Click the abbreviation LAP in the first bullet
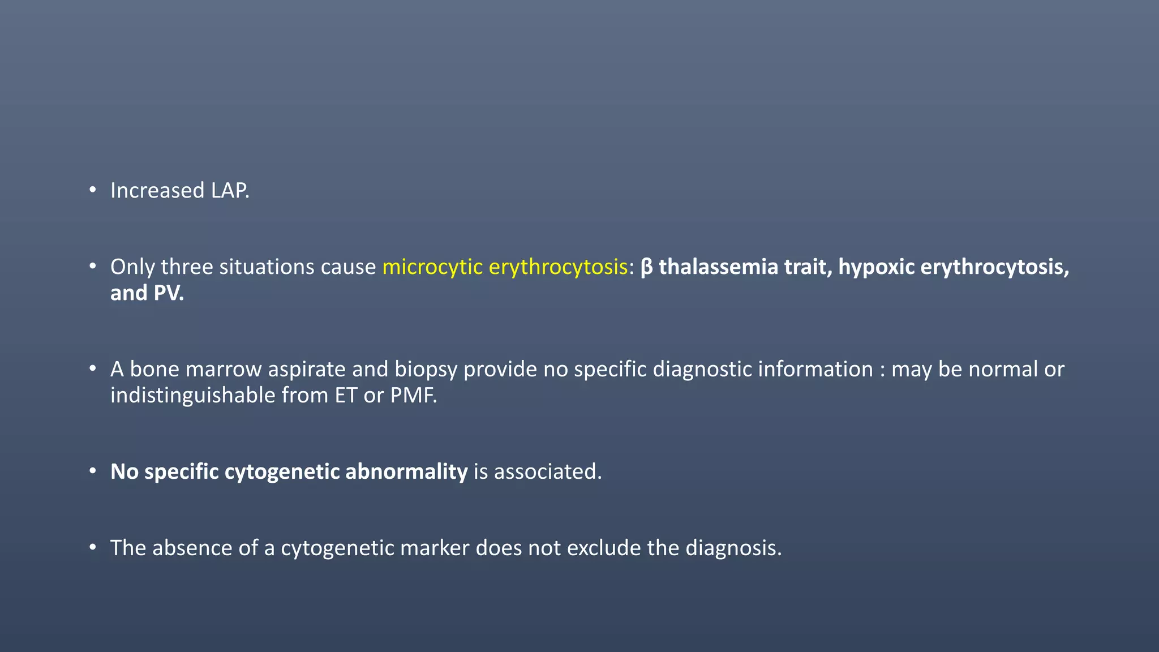(229, 191)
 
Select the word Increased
(157, 191)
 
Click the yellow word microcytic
(432, 267)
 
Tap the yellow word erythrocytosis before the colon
(557, 267)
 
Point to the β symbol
(646, 267)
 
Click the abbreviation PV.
(169, 293)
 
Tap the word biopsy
(426, 369)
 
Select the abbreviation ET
(346, 395)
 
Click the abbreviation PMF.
(413, 395)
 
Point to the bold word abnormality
(406, 471)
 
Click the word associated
(547, 471)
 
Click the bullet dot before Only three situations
(92, 266)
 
